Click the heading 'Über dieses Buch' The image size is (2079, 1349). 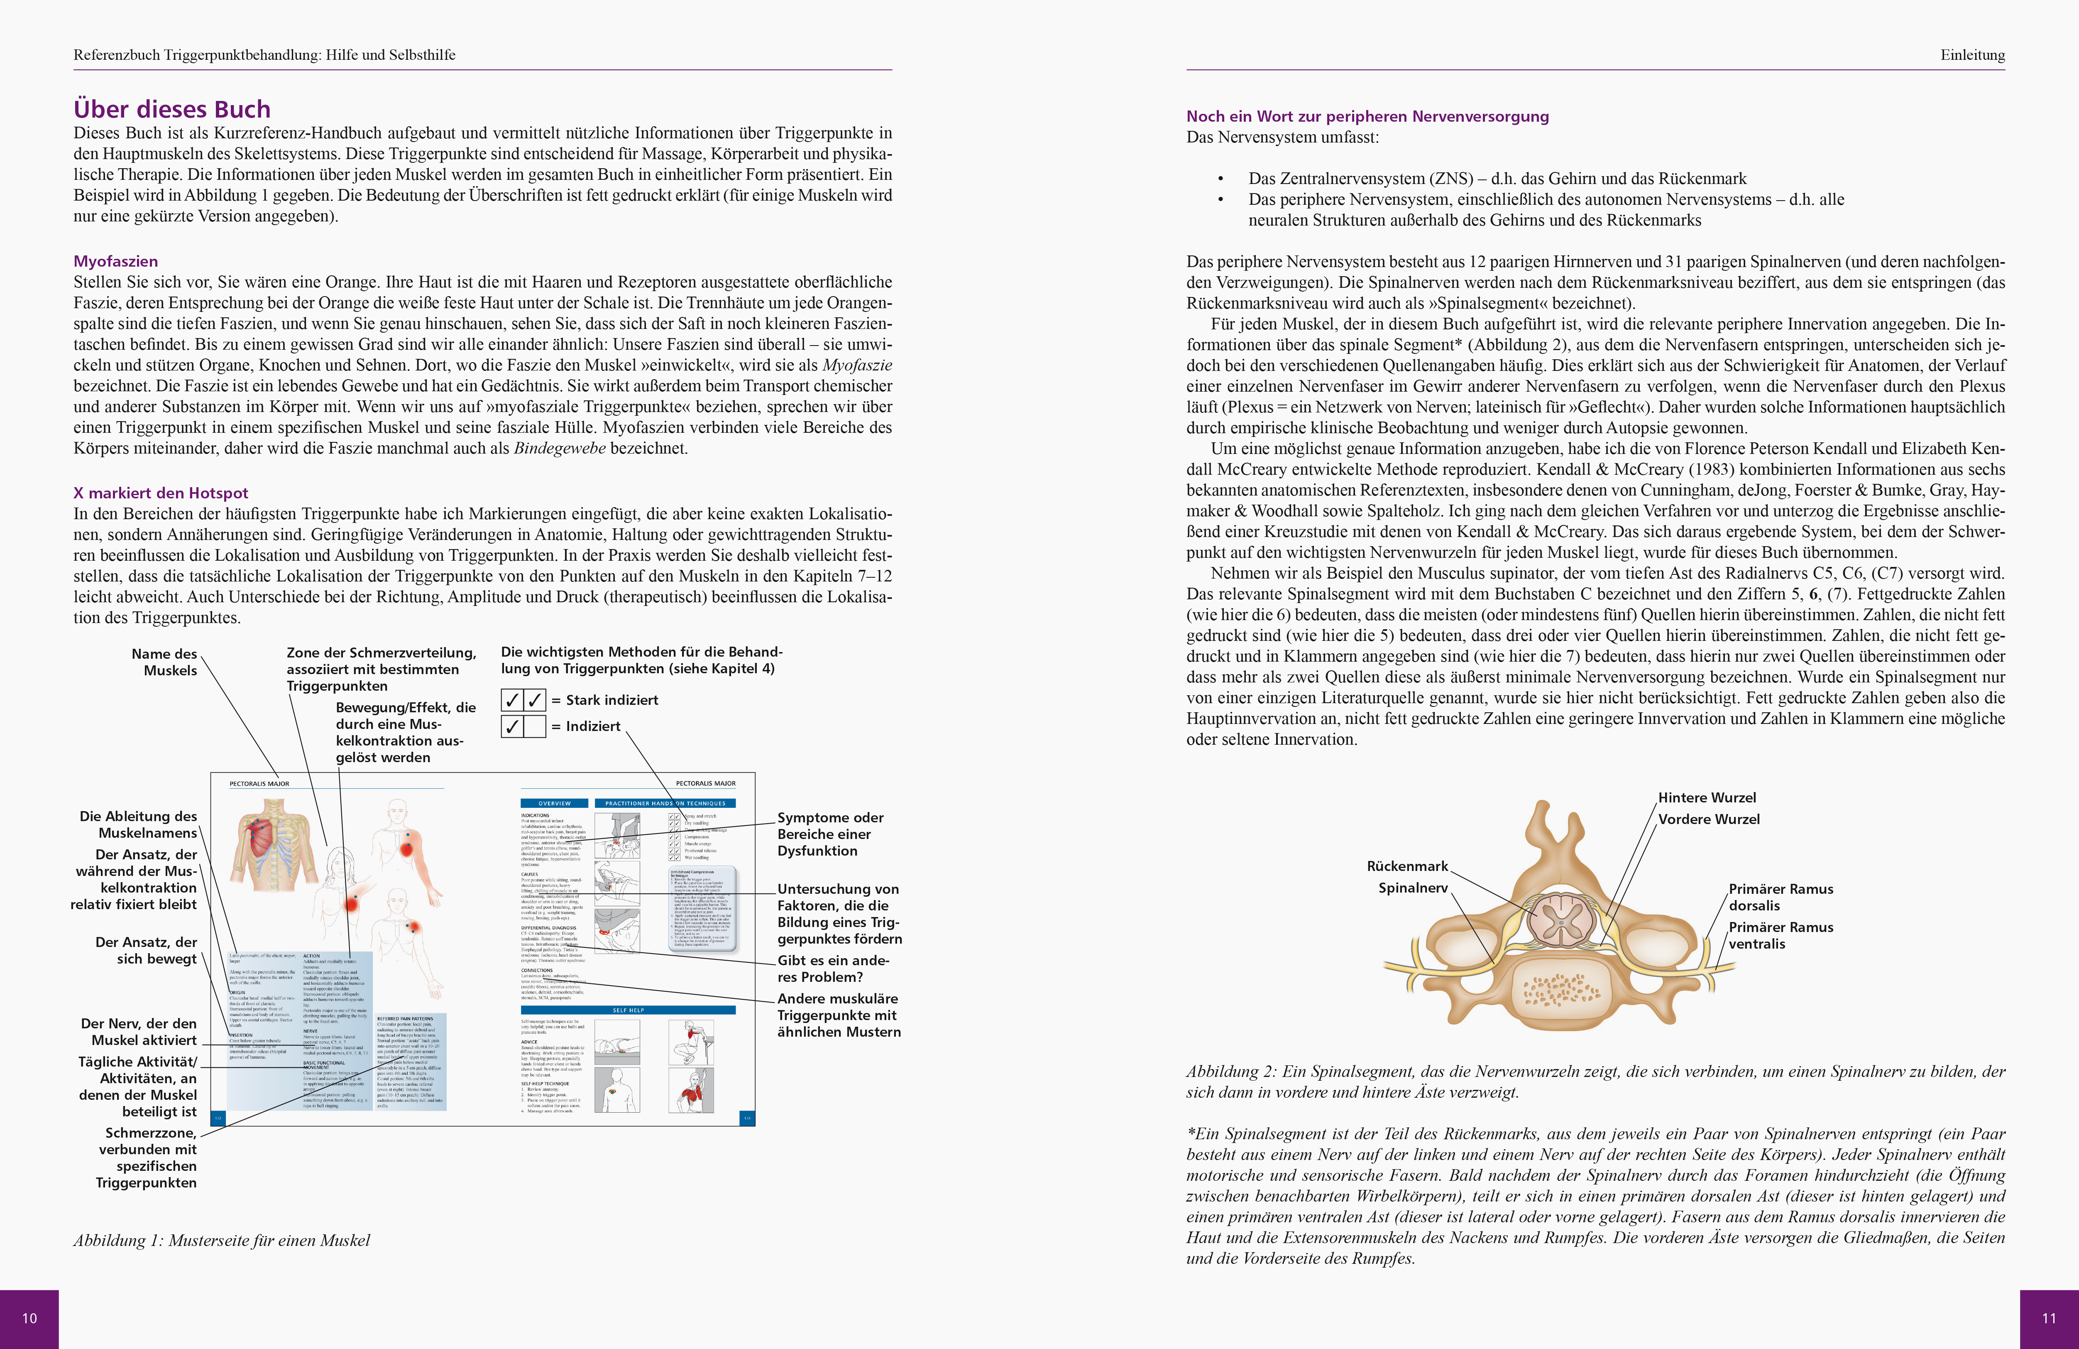172,109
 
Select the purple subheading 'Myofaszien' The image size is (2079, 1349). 115,261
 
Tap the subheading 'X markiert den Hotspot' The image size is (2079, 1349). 161,493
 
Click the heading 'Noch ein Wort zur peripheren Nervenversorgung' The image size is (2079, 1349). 1367,116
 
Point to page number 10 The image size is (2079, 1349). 29,1317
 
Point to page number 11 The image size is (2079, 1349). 2048,1317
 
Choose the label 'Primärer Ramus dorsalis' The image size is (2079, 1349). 1780,897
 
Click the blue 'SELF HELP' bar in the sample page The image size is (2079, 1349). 628,1010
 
